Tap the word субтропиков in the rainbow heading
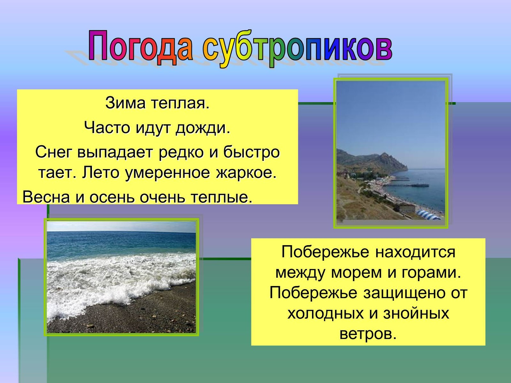(x=298, y=49)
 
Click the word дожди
(x=203, y=128)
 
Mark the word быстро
(x=251, y=152)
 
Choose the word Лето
(x=101, y=173)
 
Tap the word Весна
(x=46, y=197)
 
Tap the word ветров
(x=368, y=334)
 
